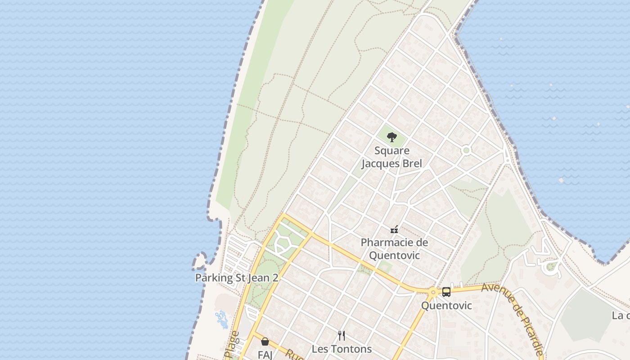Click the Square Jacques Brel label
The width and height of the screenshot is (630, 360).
[392, 157]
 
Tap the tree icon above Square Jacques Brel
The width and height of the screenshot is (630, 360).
[392, 137]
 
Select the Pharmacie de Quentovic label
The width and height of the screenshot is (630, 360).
[394, 249]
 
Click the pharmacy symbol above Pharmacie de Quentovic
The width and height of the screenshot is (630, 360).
[394, 229]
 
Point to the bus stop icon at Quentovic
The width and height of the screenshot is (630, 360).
[446, 292]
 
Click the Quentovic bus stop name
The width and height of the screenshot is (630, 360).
[446, 306]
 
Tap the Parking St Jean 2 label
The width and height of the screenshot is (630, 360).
[237, 278]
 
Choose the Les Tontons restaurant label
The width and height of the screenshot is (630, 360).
[342, 349]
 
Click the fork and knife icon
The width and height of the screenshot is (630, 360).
[342, 335]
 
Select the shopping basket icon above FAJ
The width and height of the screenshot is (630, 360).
[265, 342]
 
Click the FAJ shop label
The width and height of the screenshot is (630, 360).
[265, 355]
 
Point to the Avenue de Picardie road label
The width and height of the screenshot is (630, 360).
[513, 317]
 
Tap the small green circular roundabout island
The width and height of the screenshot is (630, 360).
[466, 150]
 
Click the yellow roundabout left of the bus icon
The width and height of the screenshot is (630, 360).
[433, 292]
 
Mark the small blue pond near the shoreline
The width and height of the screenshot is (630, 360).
[221, 319]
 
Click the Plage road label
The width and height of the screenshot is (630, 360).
[232, 346]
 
